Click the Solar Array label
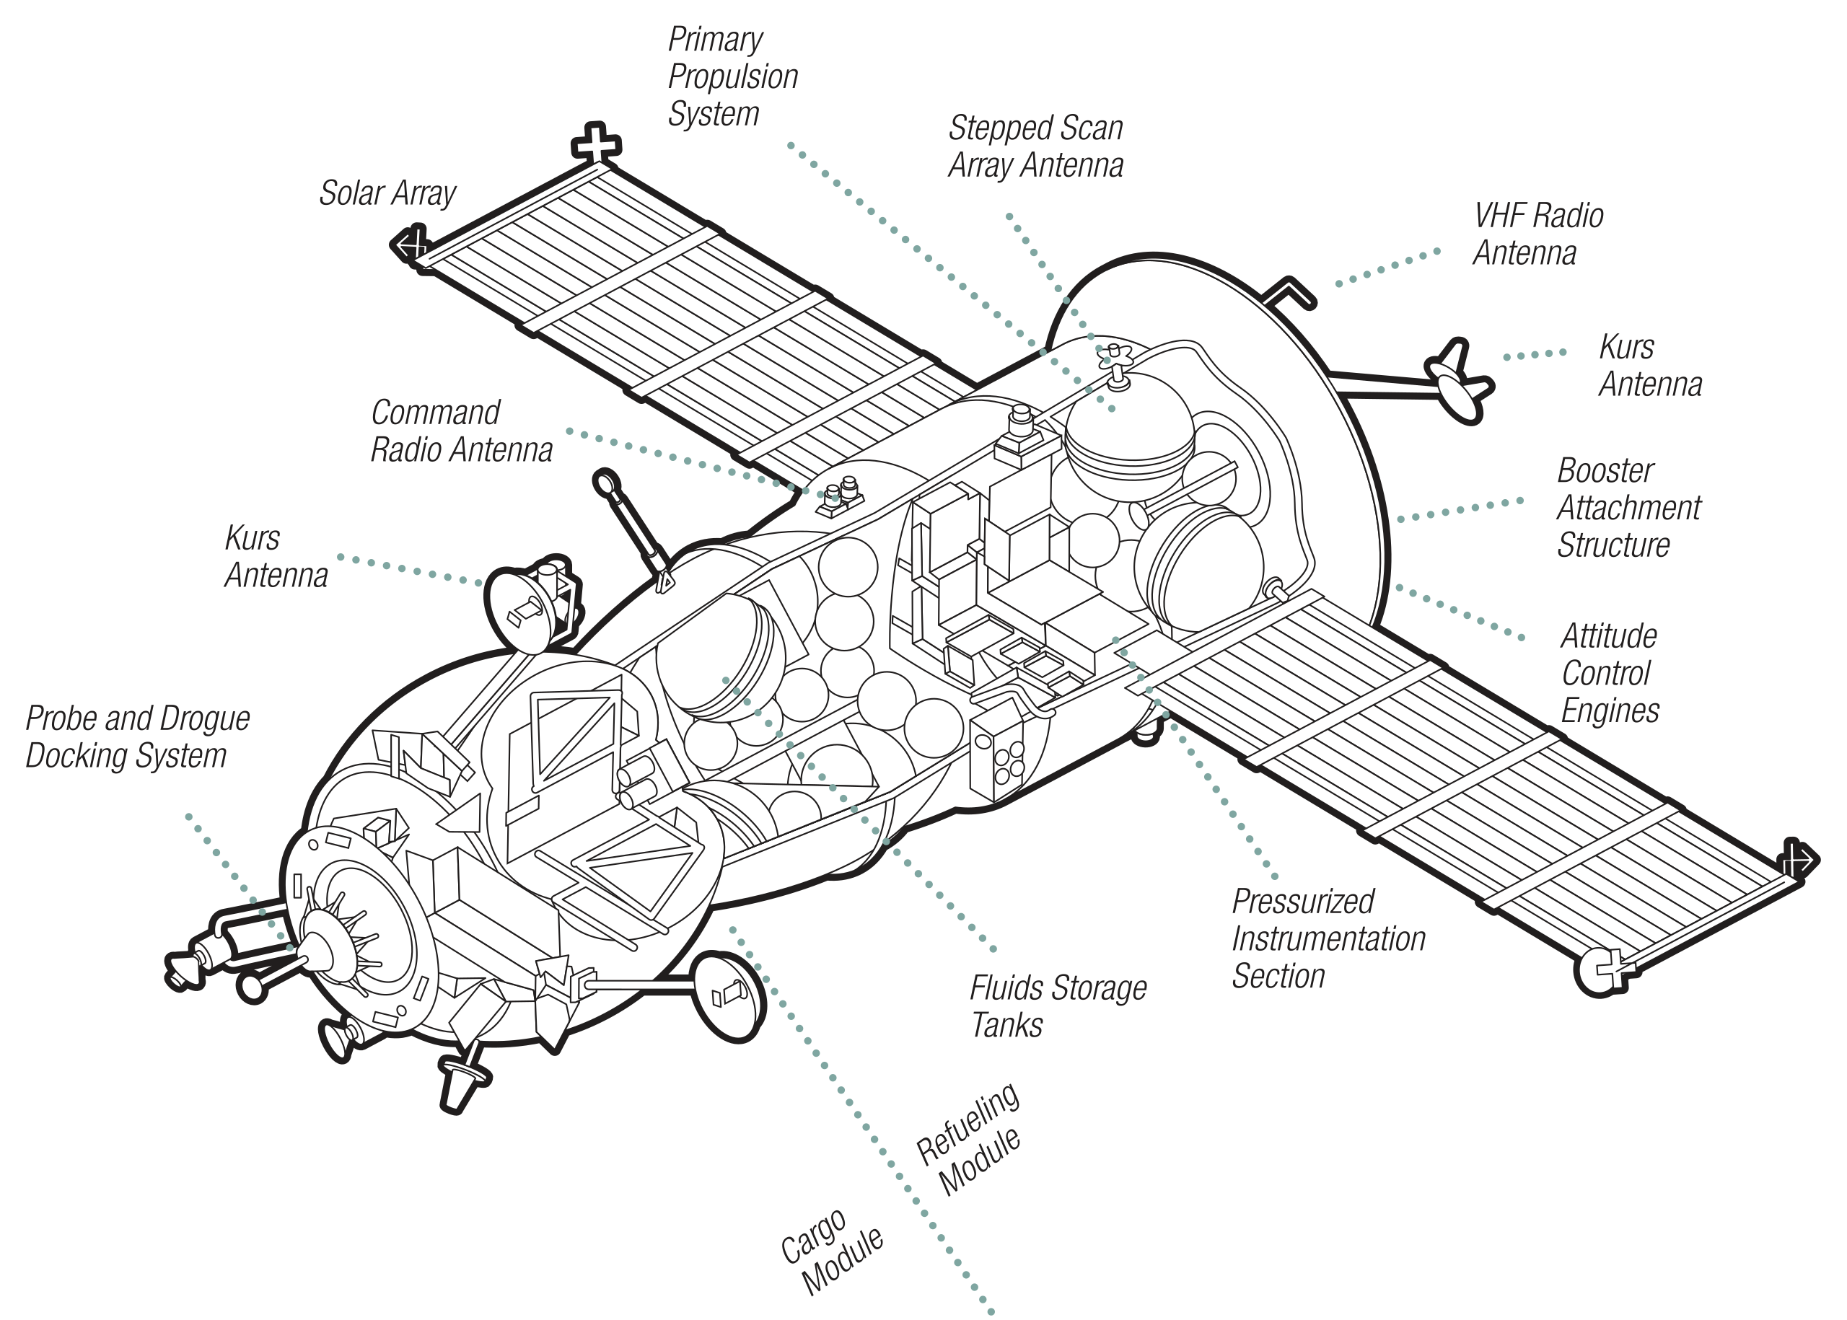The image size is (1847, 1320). coord(387,193)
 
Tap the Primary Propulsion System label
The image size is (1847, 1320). coord(732,77)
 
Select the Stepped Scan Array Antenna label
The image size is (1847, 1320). coord(1035,147)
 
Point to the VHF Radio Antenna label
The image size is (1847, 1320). coord(1537,234)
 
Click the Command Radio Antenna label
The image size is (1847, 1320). coord(461,431)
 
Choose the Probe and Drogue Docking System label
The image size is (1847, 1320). coord(137,736)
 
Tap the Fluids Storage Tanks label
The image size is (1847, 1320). coord(1057,1006)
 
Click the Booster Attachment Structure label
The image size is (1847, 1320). coord(1628,507)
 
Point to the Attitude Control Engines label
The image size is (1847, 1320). coord(1609,673)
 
